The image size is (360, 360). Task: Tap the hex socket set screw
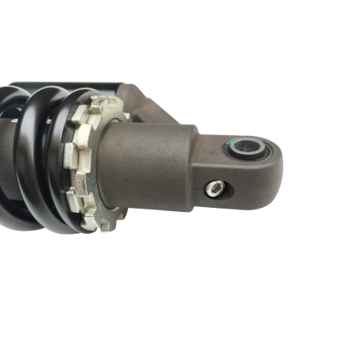tap(214, 189)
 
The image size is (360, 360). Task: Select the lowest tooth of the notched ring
tap(106, 226)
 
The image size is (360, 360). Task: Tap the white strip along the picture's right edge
tap(355, 180)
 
